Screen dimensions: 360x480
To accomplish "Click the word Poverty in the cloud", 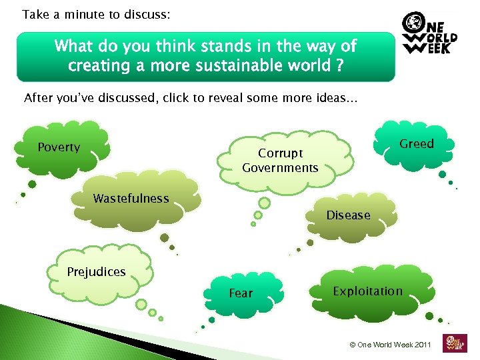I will pyautogui.click(x=59, y=147).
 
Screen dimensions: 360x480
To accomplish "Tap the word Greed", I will pyautogui.click(x=417, y=144).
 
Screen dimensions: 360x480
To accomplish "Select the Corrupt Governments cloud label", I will pyautogui.click(x=280, y=161).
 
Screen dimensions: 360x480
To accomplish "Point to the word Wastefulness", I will pyautogui.click(x=131, y=198).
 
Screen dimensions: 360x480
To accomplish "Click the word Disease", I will pyautogui.click(x=348, y=215).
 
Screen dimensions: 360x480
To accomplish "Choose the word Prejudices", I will pyautogui.click(x=96, y=272).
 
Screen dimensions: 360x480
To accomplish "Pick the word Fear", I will pyautogui.click(x=241, y=293).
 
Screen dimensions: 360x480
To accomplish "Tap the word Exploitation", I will pyautogui.click(x=367, y=291).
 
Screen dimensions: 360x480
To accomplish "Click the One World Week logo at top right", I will pyautogui.click(x=429, y=35).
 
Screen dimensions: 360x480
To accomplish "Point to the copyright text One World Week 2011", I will pyautogui.click(x=391, y=345).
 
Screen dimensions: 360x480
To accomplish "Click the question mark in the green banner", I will pyautogui.click(x=339, y=67).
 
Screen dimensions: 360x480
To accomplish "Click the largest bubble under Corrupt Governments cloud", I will pyautogui.click(x=265, y=203).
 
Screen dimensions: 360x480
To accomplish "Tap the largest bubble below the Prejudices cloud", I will pyautogui.click(x=141, y=305).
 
